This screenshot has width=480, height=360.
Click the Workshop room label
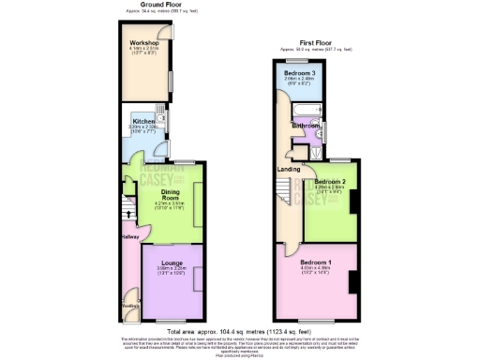click(x=143, y=43)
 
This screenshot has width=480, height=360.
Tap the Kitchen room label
click(x=143, y=122)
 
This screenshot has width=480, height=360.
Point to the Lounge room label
click(x=171, y=262)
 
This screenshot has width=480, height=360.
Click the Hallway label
click(x=128, y=237)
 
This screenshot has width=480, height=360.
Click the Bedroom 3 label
click(x=300, y=72)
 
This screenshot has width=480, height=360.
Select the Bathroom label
click(x=307, y=125)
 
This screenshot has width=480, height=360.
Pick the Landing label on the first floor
click(x=289, y=169)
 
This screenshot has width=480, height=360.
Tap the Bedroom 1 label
click(x=315, y=262)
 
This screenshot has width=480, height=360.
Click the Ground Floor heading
click(x=160, y=4)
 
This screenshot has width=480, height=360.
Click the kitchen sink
click(x=161, y=120)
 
